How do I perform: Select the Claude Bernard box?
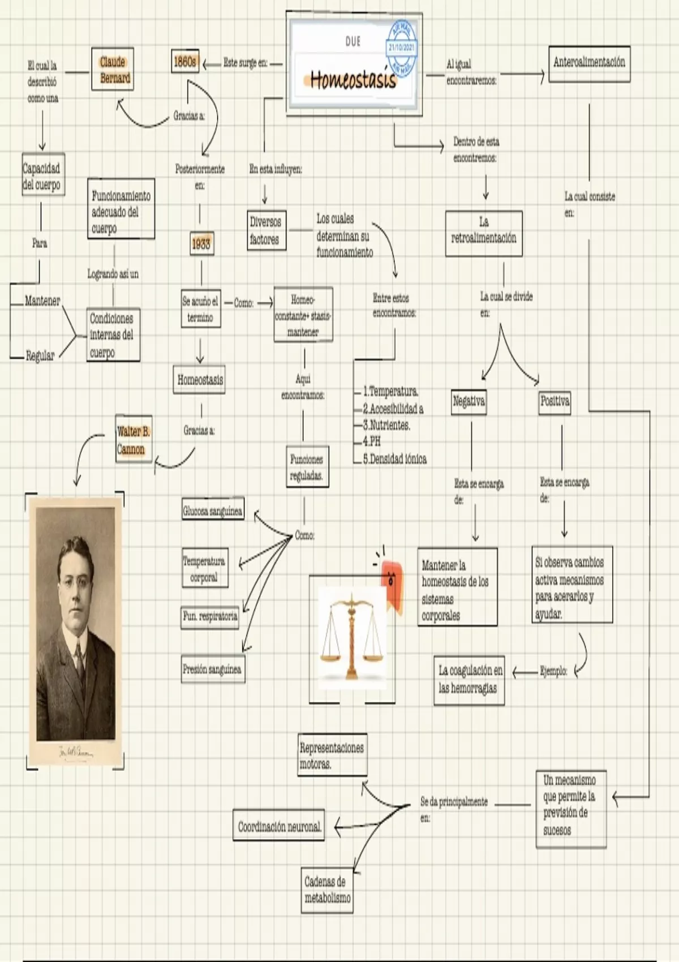point(113,69)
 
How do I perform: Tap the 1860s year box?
point(185,62)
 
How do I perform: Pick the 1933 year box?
point(201,244)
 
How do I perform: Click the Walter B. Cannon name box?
point(134,440)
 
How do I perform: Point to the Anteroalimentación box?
point(589,63)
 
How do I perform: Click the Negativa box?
point(469,402)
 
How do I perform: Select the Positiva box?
point(555,402)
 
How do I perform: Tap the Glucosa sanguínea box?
point(213,511)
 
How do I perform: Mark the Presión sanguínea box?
point(213,669)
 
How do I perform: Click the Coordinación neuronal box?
point(279,827)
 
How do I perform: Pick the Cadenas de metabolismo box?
point(328,890)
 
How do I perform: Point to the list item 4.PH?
point(372,441)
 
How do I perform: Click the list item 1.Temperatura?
point(390,391)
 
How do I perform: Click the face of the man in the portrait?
point(75,577)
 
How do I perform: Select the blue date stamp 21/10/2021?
point(402,48)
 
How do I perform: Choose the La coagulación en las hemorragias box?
point(470,679)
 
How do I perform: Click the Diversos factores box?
point(265,230)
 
